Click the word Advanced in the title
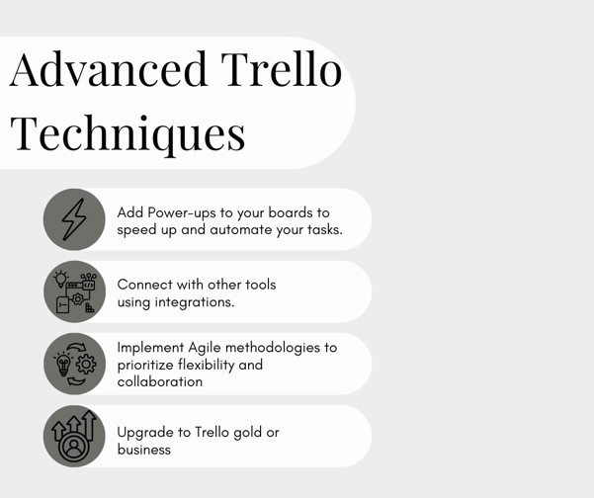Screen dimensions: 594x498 tap(109, 69)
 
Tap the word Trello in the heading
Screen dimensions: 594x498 tap(282, 69)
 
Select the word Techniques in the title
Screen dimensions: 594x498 tap(127, 133)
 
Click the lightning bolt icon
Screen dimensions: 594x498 tap(74, 219)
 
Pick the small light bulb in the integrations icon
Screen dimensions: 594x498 tap(60, 279)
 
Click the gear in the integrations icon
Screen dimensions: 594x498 tap(78, 299)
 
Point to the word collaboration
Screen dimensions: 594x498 tap(160, 381)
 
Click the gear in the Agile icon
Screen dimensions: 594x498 tap(86, 365)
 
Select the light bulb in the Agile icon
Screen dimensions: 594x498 tap(63, 365)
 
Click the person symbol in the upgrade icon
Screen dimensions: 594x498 tap(73, 447)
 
